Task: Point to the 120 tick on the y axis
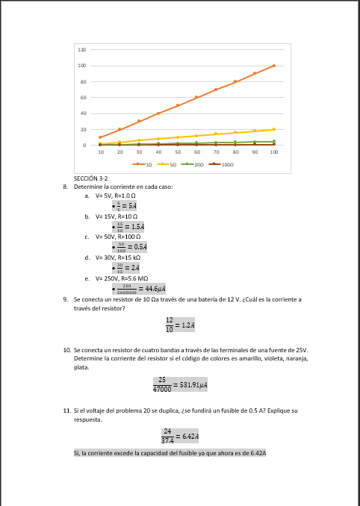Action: click(x=82, y=49)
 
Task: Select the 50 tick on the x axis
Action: click(x=178, y=152)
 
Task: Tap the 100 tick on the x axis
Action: click(x=274, y=152)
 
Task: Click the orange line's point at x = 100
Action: click(x=274, y=66)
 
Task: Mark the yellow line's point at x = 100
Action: click(x=274, y=129)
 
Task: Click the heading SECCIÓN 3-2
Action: click(x=90, y=179)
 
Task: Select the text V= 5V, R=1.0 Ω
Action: click(x=120, y=195)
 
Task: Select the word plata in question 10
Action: click(x=81, y=367)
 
